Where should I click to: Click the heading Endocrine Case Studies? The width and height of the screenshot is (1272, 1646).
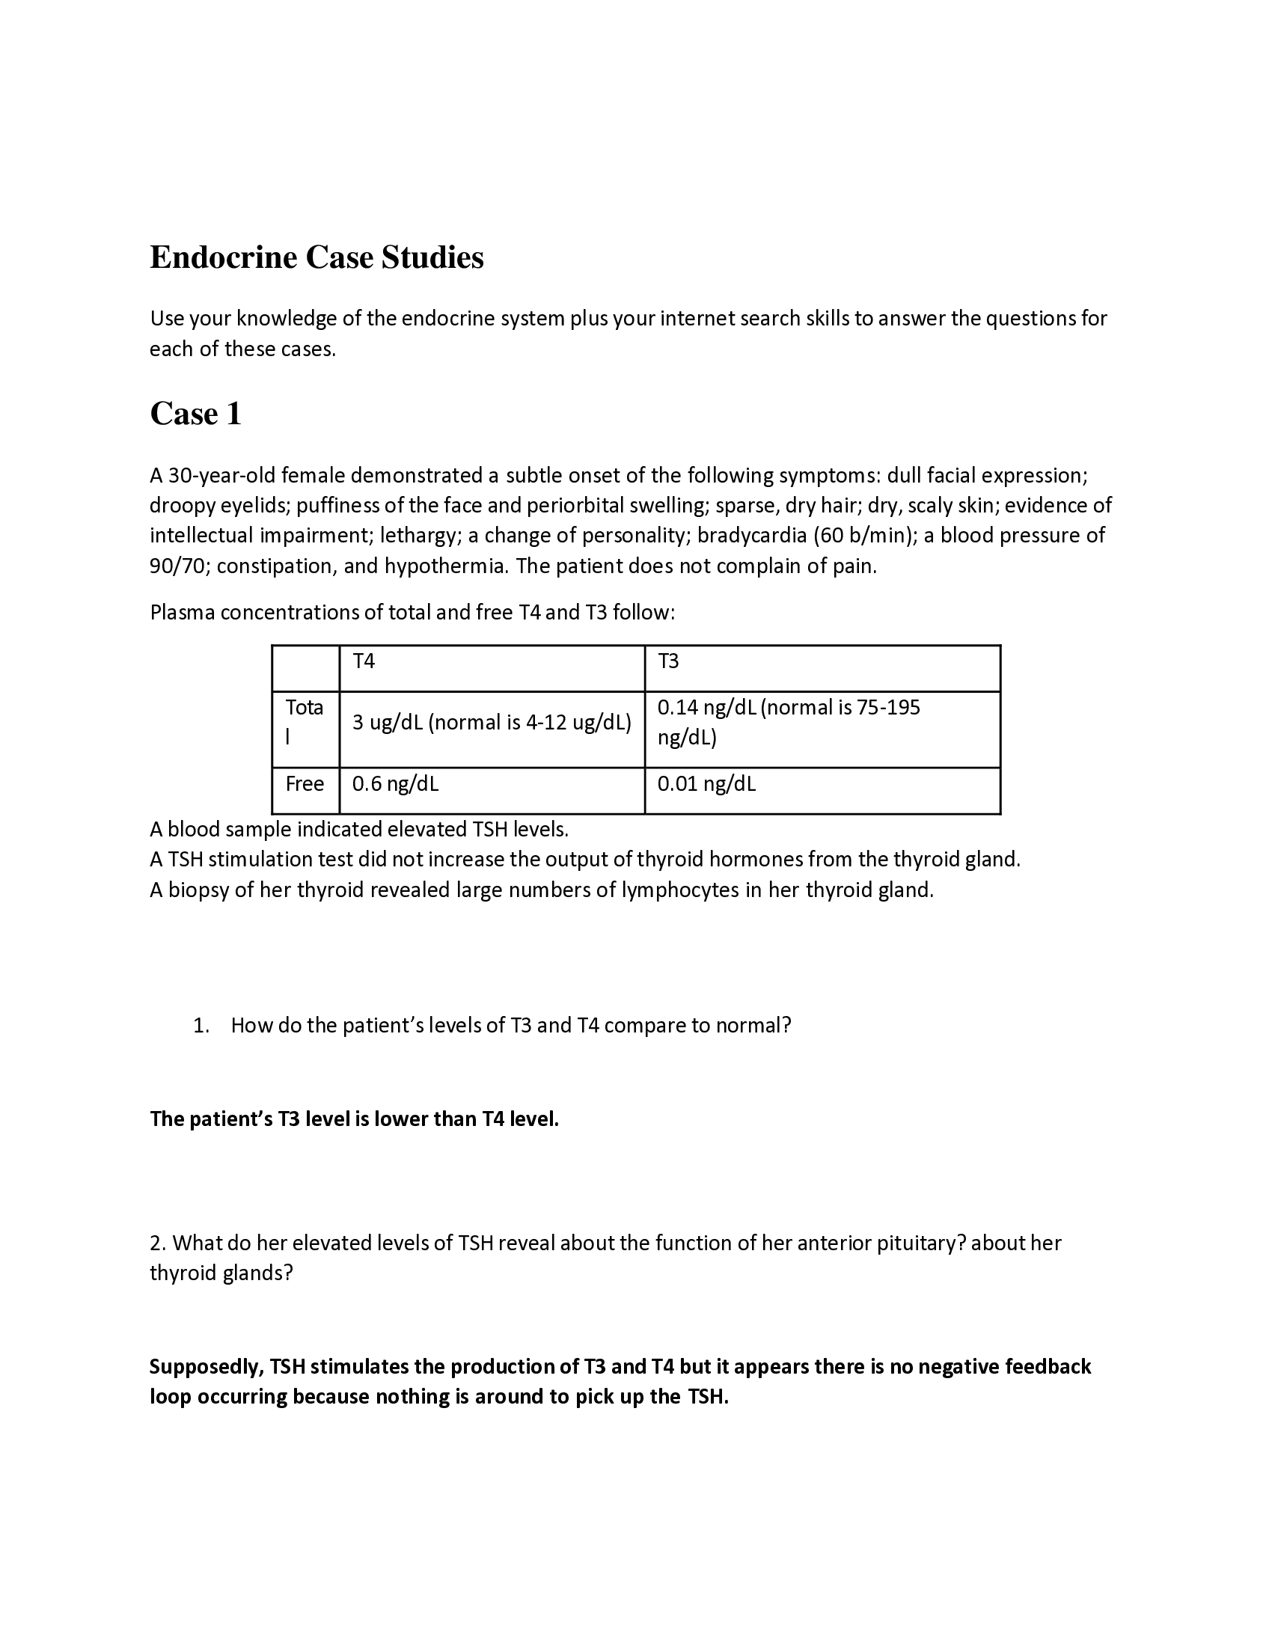coord(317,258)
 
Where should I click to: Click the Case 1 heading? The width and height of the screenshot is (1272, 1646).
coord(196,414)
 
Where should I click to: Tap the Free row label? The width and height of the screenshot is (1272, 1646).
coord(305,784)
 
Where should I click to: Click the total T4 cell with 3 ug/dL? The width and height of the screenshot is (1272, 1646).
coord(492,723)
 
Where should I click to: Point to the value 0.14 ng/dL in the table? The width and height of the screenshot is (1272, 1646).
coord(706,708)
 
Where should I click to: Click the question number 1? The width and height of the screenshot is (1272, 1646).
coord(201,1026)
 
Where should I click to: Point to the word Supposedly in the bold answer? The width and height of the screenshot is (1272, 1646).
coord(202,1366)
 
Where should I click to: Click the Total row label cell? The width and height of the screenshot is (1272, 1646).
coord(305,722)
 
